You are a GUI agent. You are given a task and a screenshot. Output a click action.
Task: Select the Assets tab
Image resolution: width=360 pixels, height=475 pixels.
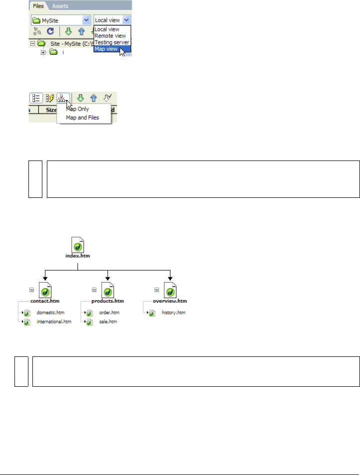[x=60, y=6]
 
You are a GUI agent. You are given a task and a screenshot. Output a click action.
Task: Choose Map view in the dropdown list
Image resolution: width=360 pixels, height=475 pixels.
[x=106, y=49]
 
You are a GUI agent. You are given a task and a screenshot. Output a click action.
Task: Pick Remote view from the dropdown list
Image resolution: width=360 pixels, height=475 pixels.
[x=110, y=36]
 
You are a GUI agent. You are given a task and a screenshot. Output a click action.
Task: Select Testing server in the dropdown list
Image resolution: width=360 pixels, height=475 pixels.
[x=112, y=42]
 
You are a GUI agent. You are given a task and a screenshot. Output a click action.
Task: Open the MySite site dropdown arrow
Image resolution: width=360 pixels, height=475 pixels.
[x=86, y=20]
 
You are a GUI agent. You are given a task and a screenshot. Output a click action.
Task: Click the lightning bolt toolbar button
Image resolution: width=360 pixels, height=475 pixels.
[x=50, y=98]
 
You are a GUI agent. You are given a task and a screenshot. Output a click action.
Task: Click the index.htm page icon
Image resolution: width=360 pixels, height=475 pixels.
[x=77, y=246]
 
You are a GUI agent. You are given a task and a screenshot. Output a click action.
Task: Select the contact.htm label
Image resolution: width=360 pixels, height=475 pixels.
[x=45, y=302]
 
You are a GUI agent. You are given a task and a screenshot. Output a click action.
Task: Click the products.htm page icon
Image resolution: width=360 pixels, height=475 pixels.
[x=108, y=291]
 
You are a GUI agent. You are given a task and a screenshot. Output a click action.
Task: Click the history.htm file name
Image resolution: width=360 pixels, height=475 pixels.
[x=174, y=313]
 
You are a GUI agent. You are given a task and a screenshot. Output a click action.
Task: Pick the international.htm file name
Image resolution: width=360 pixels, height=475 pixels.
[x=54, y=322]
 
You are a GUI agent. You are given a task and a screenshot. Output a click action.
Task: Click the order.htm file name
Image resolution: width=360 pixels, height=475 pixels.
[x=109, y=313]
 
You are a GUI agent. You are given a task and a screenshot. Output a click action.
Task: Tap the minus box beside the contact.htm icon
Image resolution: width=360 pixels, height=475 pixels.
[x=31, y=290]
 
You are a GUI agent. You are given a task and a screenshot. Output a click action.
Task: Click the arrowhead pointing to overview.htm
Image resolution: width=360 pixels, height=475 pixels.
[x=171, y=278]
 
